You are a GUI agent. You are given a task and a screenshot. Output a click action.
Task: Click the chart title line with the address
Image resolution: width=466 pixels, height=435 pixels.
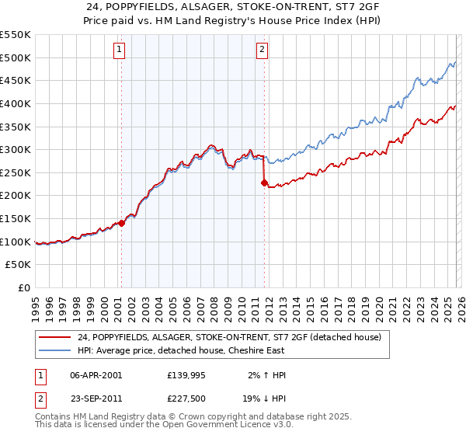[233, 7]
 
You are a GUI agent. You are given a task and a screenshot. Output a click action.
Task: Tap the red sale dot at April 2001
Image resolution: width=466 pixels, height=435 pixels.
[121, 223]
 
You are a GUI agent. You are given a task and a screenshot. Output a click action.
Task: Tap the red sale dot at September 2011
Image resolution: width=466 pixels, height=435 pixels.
[264, 183]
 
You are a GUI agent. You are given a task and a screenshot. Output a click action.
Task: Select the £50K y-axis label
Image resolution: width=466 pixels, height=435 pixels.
[19, 265]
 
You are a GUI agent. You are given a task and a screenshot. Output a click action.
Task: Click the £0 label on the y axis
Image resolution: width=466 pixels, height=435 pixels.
[24, 288]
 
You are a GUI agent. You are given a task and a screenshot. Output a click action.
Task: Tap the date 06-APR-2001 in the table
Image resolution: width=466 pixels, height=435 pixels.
[96, 375]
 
